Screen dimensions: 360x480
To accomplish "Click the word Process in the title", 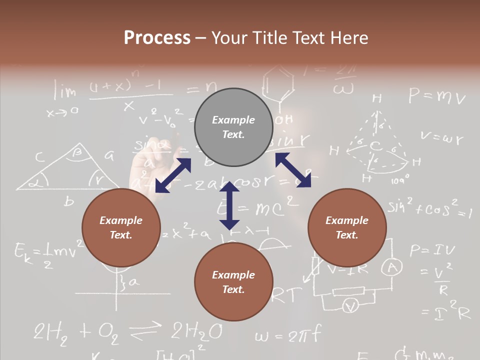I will tap(157, 38).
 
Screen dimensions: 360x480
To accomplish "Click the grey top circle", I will tap(233, 127).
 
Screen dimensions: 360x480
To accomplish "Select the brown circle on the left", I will tap(121, 227).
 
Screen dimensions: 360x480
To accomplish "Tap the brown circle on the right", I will tap(347, 227).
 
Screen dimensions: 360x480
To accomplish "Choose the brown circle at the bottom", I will tap(233, 282).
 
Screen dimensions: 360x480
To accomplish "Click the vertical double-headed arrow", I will tap(229, 205).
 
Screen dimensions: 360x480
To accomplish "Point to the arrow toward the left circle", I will tap(173, 175).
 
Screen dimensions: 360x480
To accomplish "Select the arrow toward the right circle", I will tap(293, 170).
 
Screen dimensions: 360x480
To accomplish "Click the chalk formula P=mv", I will tap(437, 96).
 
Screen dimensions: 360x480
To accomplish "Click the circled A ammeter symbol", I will tap(392, 269).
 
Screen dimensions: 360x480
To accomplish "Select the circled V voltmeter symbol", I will tap(351, 306).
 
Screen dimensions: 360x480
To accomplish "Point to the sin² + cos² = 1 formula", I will tap(429, 208).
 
